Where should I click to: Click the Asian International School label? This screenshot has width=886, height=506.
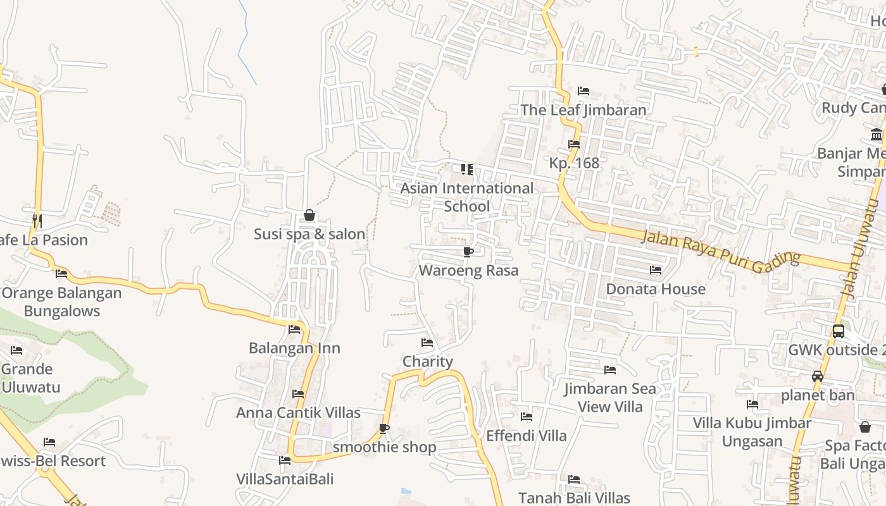(467, 197)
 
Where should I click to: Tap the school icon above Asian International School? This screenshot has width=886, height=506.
(467, 169)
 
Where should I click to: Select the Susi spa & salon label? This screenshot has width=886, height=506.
(309, 234)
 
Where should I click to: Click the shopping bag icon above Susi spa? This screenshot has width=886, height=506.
(309, 215)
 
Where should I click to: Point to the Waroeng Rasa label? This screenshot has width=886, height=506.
(468, 271)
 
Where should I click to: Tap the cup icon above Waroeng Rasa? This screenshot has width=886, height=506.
(468, 252)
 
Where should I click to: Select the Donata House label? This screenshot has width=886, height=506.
(656, 289)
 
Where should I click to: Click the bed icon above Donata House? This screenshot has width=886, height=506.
(656, 270)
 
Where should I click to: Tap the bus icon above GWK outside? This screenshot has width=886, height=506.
(839, 331)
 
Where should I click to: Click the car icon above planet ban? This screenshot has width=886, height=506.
(818, 376)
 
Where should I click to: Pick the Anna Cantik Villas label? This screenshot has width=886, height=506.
(298, 413)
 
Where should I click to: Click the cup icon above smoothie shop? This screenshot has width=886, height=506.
(384, 428)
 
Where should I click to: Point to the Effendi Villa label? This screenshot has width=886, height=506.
(526, 436)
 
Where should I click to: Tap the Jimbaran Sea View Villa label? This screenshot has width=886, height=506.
(610, 398)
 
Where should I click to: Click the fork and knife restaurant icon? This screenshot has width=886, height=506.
(37, 221)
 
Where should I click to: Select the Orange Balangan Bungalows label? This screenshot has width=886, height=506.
(61, 302)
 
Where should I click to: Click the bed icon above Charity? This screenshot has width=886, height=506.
(428, 343)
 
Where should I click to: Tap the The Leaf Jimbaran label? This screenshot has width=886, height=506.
(583, 110)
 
